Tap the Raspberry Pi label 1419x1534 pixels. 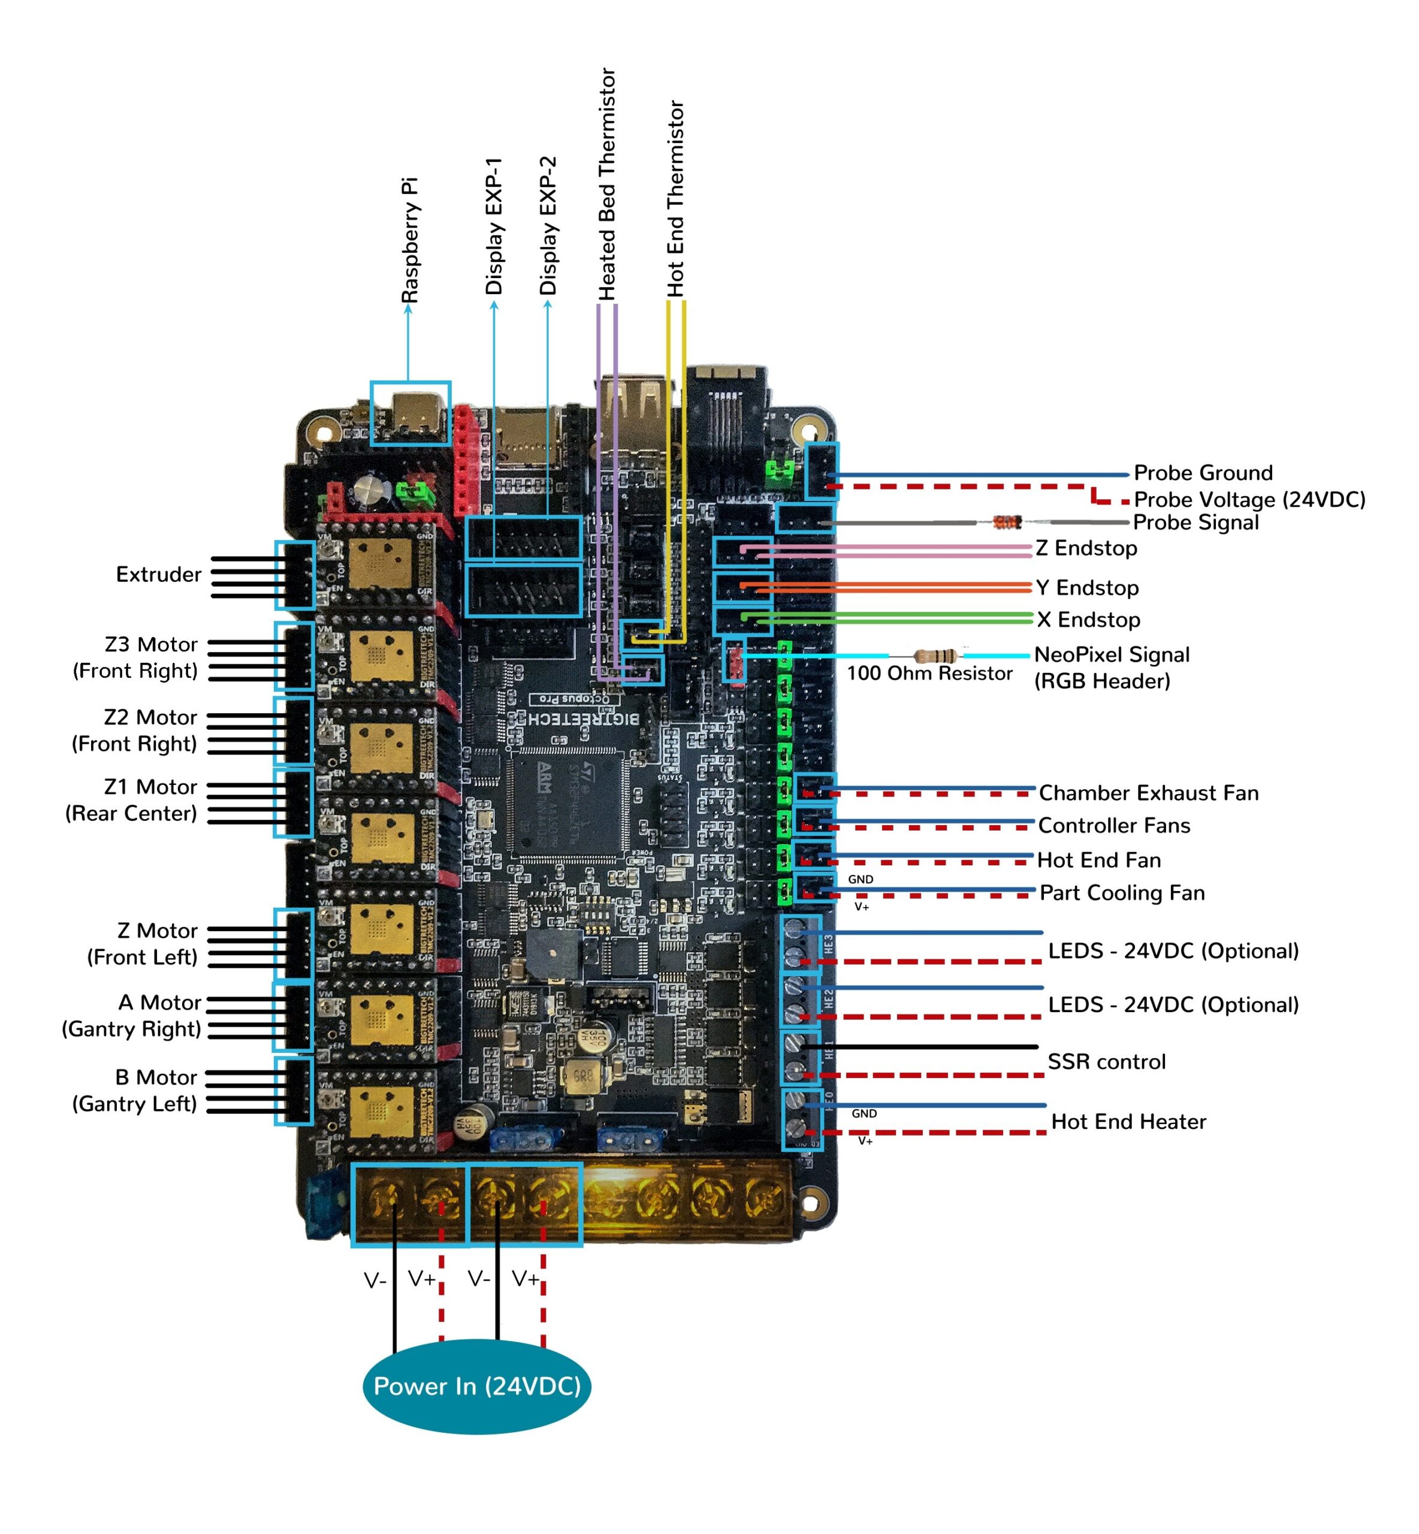410,240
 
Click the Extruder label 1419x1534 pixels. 158,574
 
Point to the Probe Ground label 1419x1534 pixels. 1203,472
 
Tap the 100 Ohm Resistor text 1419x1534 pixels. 928,674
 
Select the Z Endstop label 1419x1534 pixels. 1086,548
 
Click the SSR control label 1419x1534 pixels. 1106,1061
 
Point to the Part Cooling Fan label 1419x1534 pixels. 1121,892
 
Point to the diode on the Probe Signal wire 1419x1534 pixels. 1006,522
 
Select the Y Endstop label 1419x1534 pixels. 1086,587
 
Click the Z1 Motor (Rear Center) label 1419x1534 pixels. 132,799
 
